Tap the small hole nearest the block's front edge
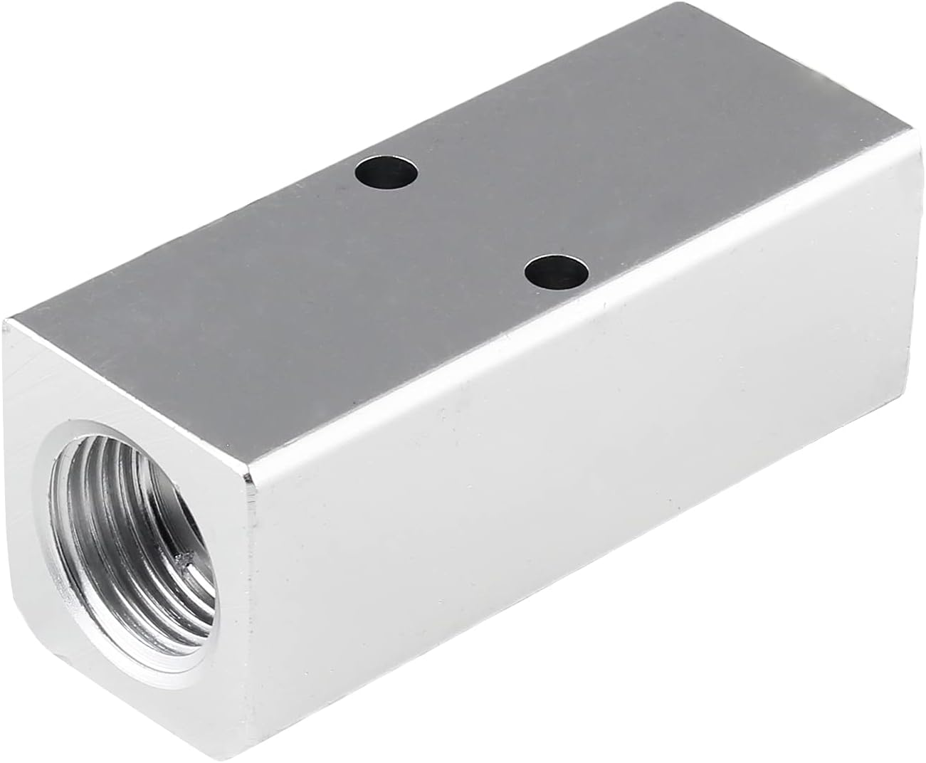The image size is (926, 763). point(557,271)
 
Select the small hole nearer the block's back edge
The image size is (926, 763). point(387,172)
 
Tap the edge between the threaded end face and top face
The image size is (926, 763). point(128,399)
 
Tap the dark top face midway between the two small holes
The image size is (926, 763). point(472,222)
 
